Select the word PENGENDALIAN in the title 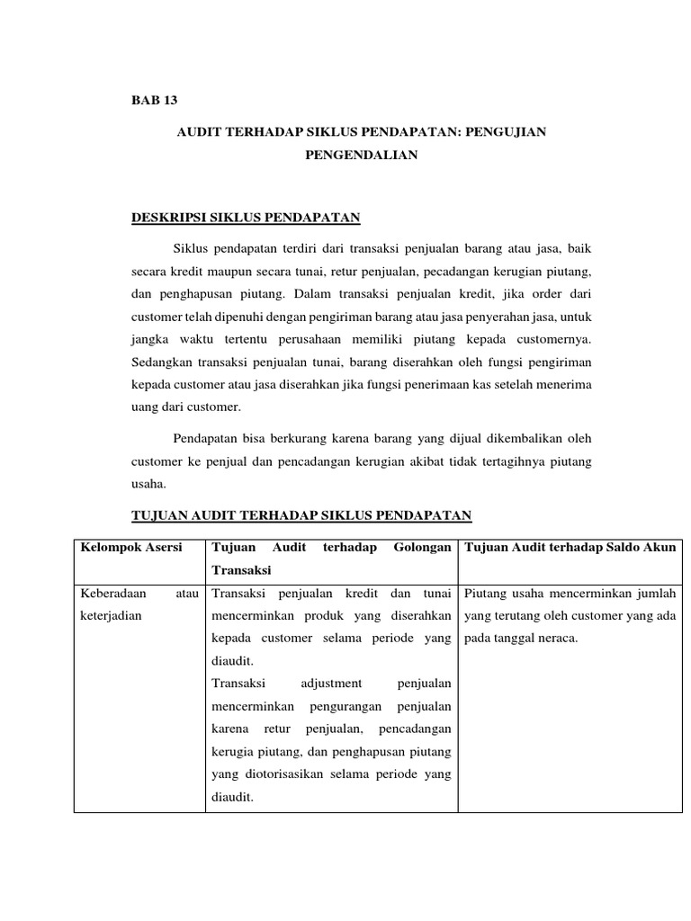point(362,155)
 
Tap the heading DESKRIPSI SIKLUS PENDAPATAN point(247,217)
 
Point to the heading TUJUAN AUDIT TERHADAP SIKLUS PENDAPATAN point(302,514)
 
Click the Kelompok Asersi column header point(131,547)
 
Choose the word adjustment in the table point(329,684)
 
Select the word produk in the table point(326,617)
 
